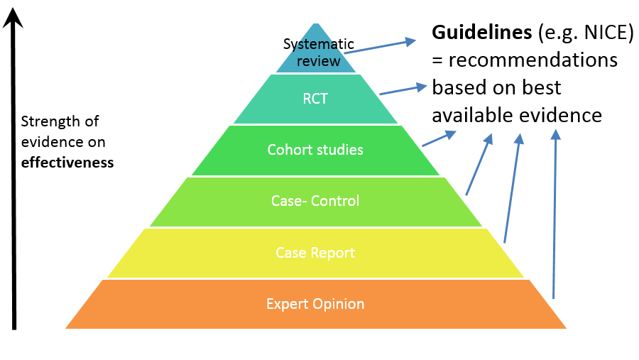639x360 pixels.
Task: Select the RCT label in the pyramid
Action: coord(315,99)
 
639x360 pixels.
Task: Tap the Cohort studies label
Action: coord(315,150)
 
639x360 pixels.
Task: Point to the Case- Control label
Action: coord(315,201)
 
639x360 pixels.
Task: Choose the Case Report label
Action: coord(315,252)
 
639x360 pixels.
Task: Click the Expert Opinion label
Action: coord(315,304)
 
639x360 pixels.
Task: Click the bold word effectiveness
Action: coord(67,161)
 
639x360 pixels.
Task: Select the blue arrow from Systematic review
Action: coord(380,46)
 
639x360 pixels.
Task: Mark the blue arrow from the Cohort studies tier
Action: coord(439,138)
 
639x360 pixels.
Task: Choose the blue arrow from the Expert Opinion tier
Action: coord(555,213)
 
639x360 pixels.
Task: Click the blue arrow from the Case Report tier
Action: coord(512,188)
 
